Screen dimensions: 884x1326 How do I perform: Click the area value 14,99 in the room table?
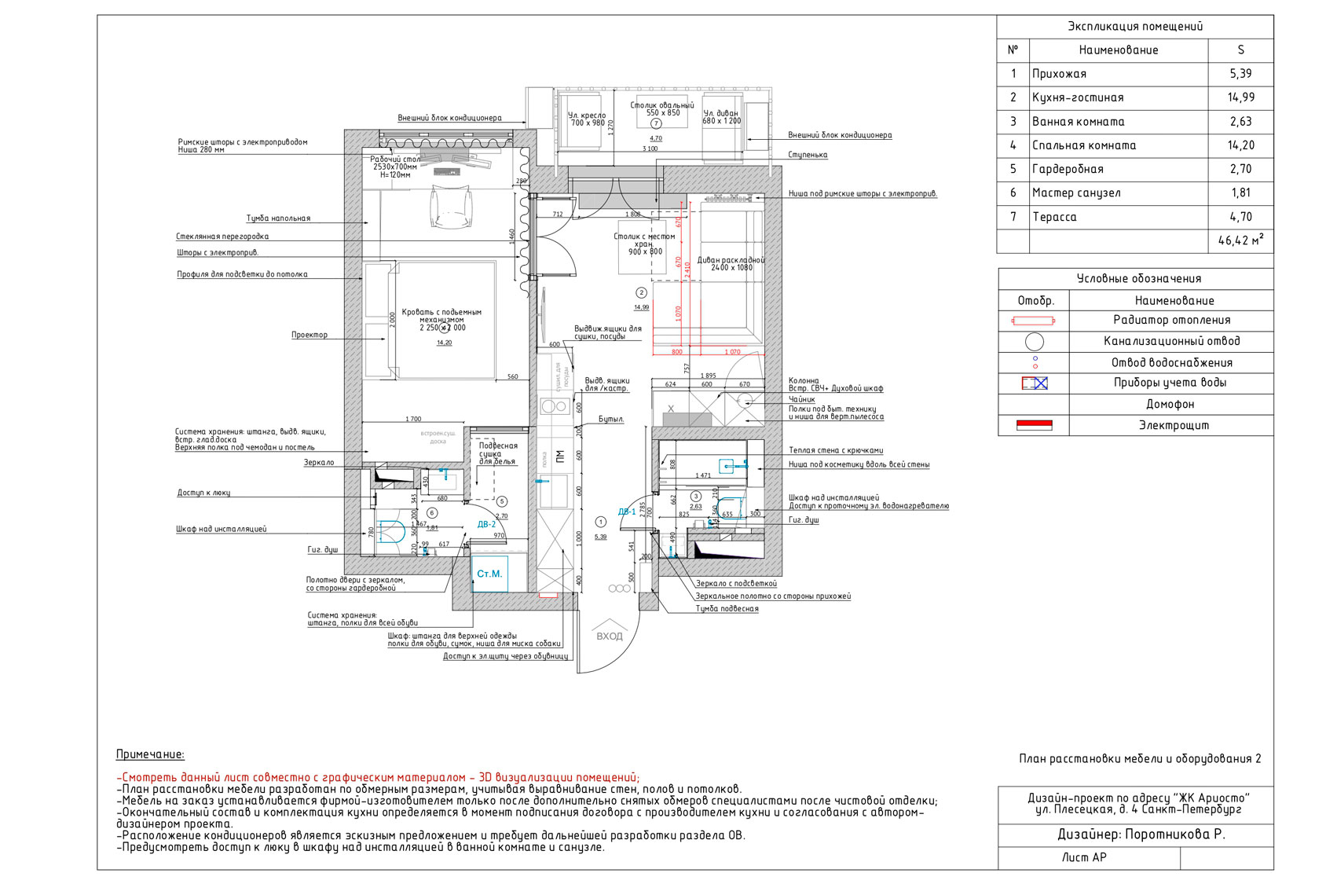(1240, 97)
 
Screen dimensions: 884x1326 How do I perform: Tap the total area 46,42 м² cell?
(1240, 240)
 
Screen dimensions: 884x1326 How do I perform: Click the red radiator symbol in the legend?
(1033, 321)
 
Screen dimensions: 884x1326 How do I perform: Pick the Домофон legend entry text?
(1170, 404)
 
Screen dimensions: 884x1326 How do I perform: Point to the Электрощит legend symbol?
(1033, 425)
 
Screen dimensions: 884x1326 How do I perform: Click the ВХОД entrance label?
(609, 636)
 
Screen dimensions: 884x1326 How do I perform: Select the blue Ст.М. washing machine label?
(489, 574)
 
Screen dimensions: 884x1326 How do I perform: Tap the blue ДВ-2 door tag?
(486, 524)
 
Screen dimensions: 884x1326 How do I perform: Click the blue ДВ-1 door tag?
(626, 512)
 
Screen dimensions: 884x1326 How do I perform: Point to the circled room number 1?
(601, 522)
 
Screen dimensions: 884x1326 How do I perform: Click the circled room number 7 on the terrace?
(657, 124)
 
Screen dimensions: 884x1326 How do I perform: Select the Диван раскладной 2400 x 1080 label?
(731, 264)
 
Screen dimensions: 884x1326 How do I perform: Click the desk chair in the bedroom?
(452, 205)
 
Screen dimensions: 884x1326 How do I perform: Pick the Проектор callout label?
(310, 335)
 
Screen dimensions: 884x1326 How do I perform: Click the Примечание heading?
(150, 754)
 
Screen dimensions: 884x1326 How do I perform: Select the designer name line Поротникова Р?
(1141, 834)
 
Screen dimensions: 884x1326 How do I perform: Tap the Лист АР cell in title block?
(1084, 857)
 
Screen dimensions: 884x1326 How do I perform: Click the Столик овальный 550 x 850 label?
(662, 108)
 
